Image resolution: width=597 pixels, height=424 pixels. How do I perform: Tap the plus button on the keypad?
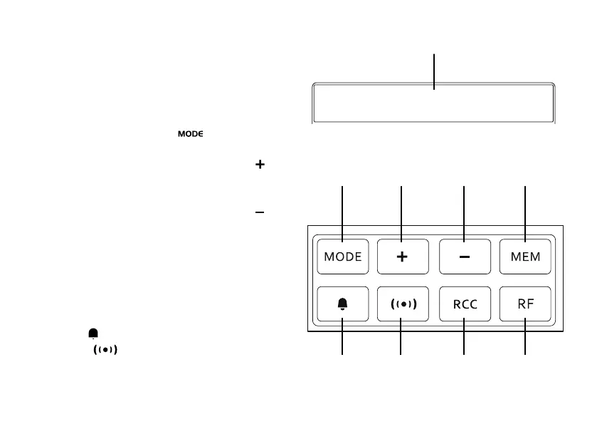402,257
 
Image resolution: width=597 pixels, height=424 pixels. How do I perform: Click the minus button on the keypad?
464,257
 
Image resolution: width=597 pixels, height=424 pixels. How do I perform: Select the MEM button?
526,257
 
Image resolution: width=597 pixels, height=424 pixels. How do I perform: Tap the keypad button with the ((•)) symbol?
402,304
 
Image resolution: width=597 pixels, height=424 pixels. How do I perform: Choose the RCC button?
464,304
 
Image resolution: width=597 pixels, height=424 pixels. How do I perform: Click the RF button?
526,304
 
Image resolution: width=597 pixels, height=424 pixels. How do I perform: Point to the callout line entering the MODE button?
344,210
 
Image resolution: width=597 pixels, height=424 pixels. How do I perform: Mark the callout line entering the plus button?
402,210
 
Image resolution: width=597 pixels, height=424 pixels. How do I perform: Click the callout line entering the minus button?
464,210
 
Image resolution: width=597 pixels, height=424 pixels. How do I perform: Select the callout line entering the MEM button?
526,210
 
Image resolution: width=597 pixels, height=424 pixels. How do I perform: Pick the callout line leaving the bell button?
343,338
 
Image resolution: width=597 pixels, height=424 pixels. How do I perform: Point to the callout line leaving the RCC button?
464,338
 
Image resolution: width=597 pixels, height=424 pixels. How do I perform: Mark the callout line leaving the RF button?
526,338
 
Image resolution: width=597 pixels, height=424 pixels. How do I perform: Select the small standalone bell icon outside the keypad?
93,333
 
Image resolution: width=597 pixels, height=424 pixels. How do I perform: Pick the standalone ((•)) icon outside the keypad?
105,350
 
